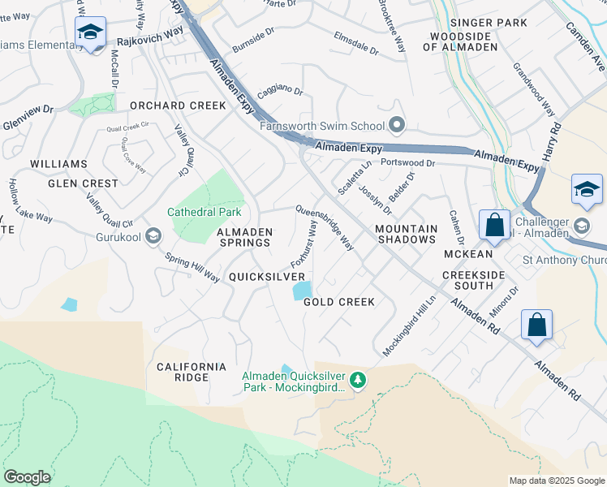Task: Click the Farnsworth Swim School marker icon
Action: click(x=397, y=125)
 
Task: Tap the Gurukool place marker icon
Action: click(x=154, y=235)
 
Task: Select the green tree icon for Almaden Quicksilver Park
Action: click(x=356, y=380)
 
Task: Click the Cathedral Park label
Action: click(x=204, y=212)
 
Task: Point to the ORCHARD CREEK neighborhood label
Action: click(x=178, y=106)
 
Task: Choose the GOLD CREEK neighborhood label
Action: click(x=339, y=302)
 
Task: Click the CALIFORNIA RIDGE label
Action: click(x=192, y=372)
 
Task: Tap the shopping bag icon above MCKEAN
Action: click(x=494, y=225)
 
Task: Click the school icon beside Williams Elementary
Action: click(x=90, y=33)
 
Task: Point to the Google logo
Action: click(x=27, y=477)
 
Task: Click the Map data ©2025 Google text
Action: click(x=556, y=481)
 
